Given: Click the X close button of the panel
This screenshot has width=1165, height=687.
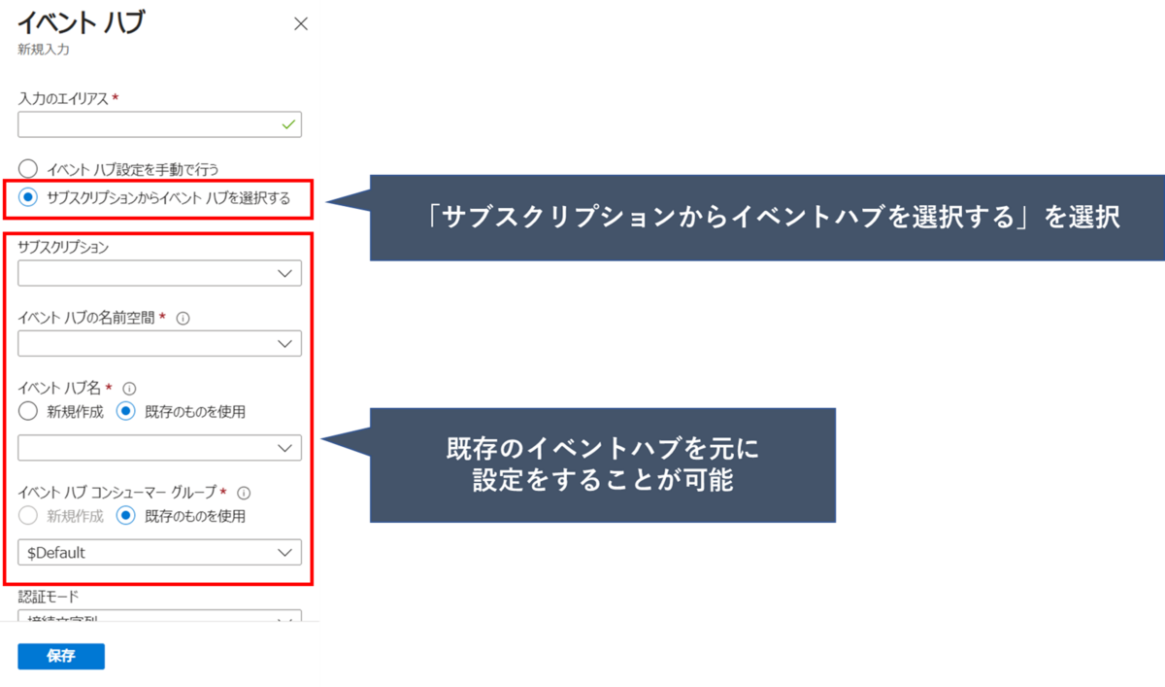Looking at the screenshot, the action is tap(301, 24).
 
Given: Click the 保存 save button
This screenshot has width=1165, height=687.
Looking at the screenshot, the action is tap(60, 656).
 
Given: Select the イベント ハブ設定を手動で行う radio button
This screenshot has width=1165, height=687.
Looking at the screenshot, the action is tap(28, 169).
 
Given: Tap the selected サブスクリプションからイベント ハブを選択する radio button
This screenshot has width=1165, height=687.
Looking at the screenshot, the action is tap(28, 197).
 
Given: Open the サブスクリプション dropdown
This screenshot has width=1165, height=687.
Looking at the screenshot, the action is tap(159, 273).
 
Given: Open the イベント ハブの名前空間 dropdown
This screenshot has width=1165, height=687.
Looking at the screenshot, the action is tap(159, 343).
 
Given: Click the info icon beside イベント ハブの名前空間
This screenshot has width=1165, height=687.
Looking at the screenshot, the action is tap(183, 318).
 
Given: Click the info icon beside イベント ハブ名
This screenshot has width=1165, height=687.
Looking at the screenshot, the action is tap(129, 388).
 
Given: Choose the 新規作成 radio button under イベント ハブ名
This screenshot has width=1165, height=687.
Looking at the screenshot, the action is tap(28, 411).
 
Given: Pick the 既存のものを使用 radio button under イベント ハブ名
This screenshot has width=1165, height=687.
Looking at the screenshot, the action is tap(125, 411).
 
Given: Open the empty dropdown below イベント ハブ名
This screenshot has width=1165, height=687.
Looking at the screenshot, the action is tap(159, 447).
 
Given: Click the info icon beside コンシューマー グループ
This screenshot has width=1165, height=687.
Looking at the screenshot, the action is tap(244, 493).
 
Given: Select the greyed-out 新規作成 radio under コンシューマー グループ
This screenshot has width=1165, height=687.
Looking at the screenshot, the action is tap(28, 516).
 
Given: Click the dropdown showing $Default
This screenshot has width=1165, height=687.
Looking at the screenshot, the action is tap(159, 552).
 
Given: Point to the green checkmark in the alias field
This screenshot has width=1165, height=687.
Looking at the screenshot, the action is tap(287, 124).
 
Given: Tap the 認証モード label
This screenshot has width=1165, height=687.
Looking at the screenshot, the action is tap(48, 596).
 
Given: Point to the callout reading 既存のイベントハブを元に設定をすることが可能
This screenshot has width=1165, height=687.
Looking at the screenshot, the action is tap(602, 464).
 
